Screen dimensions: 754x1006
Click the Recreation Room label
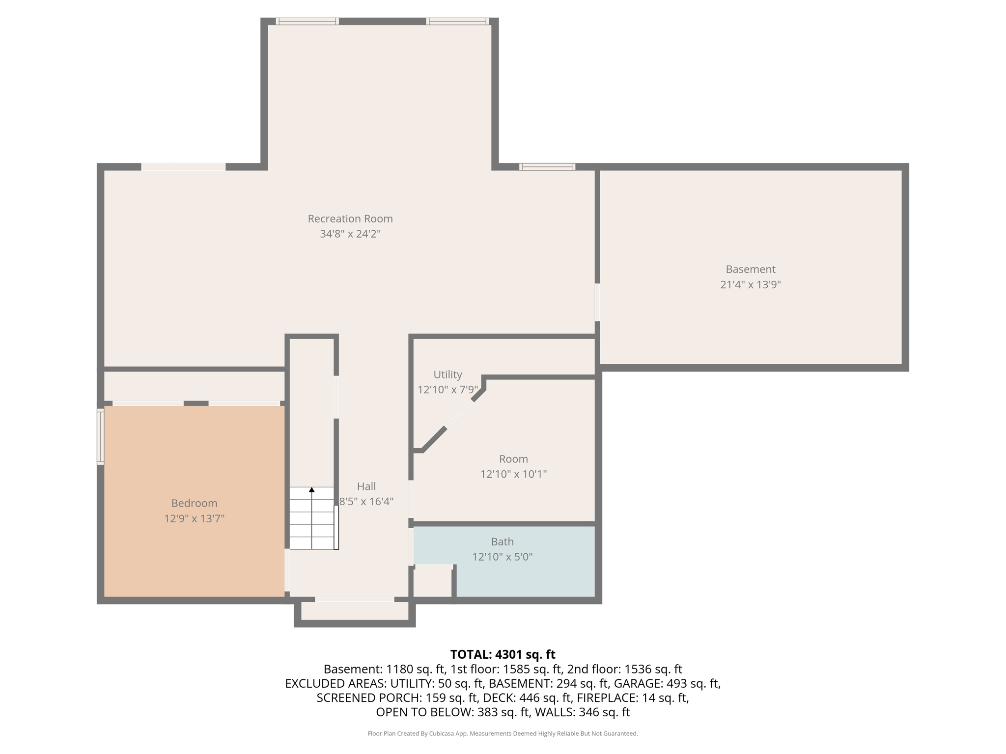tap(350, 218)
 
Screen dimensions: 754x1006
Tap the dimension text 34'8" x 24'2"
tap(350, 234)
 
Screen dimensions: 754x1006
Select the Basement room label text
tap(750, 269)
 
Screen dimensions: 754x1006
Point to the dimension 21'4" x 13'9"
tap(750, 284)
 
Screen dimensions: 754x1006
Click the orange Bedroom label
tap(194, 503)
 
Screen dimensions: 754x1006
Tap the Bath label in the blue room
tap(502, 541)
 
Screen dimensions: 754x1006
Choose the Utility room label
tap(447, 375)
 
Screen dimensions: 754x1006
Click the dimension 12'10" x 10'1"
tap(513, 474)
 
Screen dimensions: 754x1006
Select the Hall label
tap(366, 486)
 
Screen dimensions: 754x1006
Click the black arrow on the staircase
tap(311, 490)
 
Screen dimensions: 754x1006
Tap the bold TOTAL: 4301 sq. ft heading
tap(503, 654)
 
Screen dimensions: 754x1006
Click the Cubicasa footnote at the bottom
tap(503, 733)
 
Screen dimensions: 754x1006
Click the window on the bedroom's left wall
tap(100, 436)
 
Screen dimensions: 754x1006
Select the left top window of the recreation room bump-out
tap(307, 21)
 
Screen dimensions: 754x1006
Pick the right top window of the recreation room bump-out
tap(457, 21)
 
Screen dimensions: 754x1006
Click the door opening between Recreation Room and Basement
tap(597, 302)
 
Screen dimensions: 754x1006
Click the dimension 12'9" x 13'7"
tap(194, 518)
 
